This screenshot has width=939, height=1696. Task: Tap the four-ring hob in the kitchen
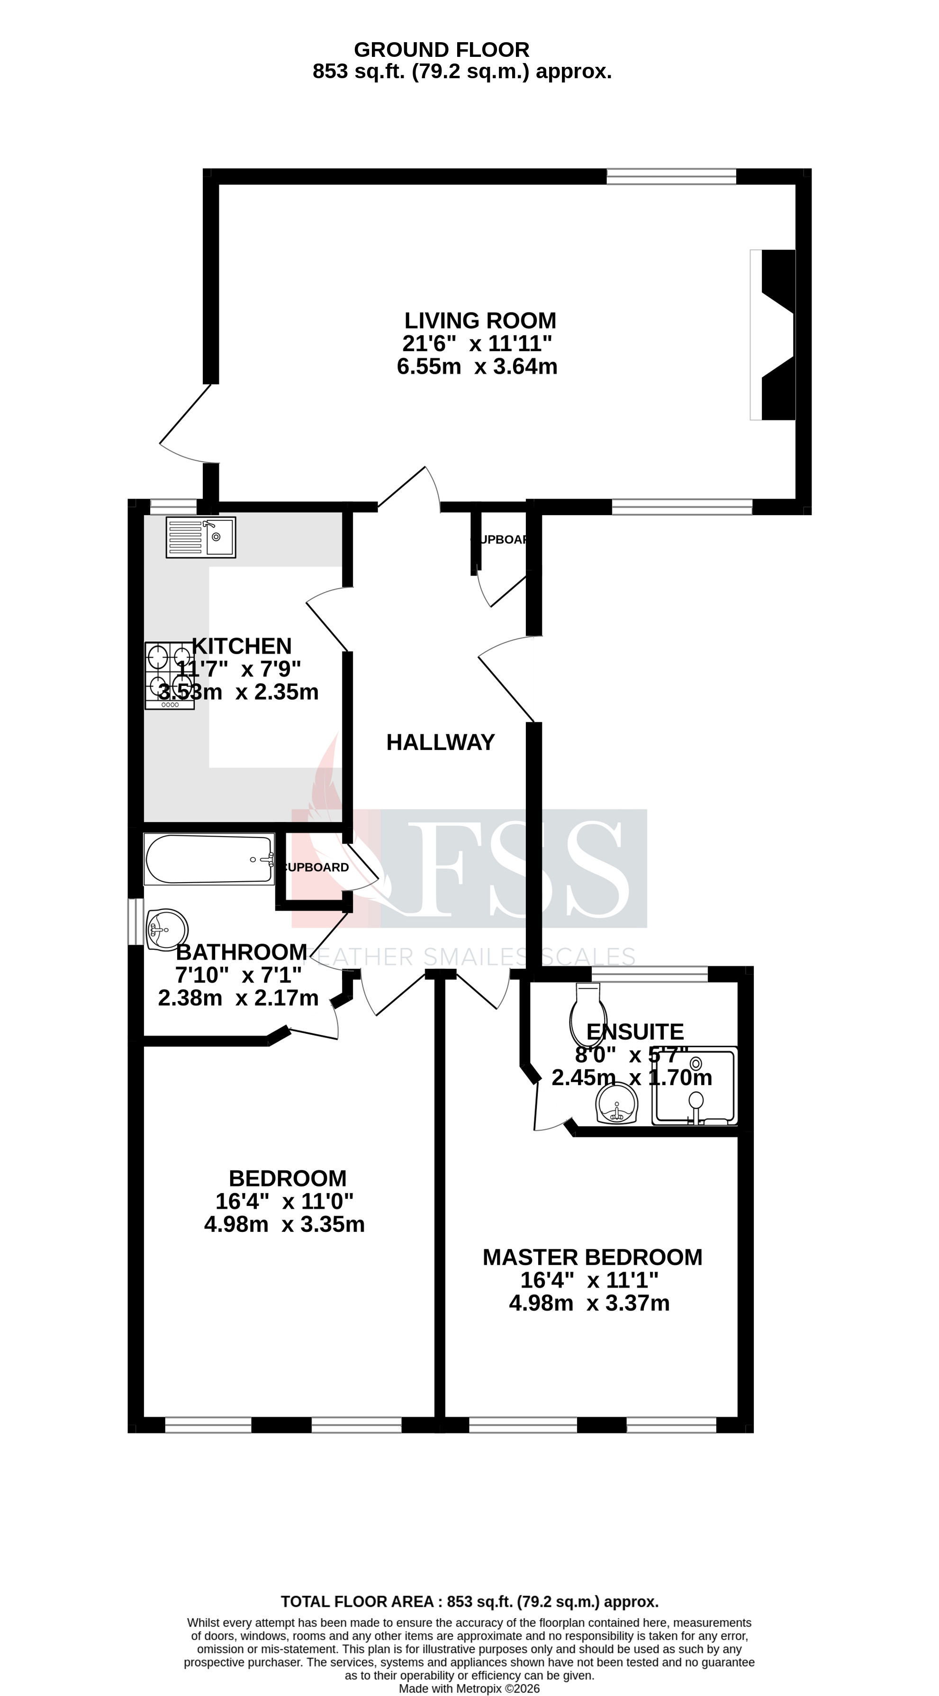pos(169,675)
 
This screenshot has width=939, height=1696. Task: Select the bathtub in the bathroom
pos(208,859)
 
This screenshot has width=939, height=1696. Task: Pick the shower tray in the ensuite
pos(694,1085)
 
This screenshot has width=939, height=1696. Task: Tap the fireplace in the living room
pos(775,335)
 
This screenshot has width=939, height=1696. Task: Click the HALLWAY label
pos(440,743)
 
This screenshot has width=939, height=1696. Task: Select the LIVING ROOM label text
pos(480,320)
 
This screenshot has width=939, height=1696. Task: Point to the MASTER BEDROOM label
pos(592,1258)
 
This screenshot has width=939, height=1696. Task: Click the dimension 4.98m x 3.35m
pos(284,1224)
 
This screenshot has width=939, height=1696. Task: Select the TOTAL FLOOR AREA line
pos(469,1602)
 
